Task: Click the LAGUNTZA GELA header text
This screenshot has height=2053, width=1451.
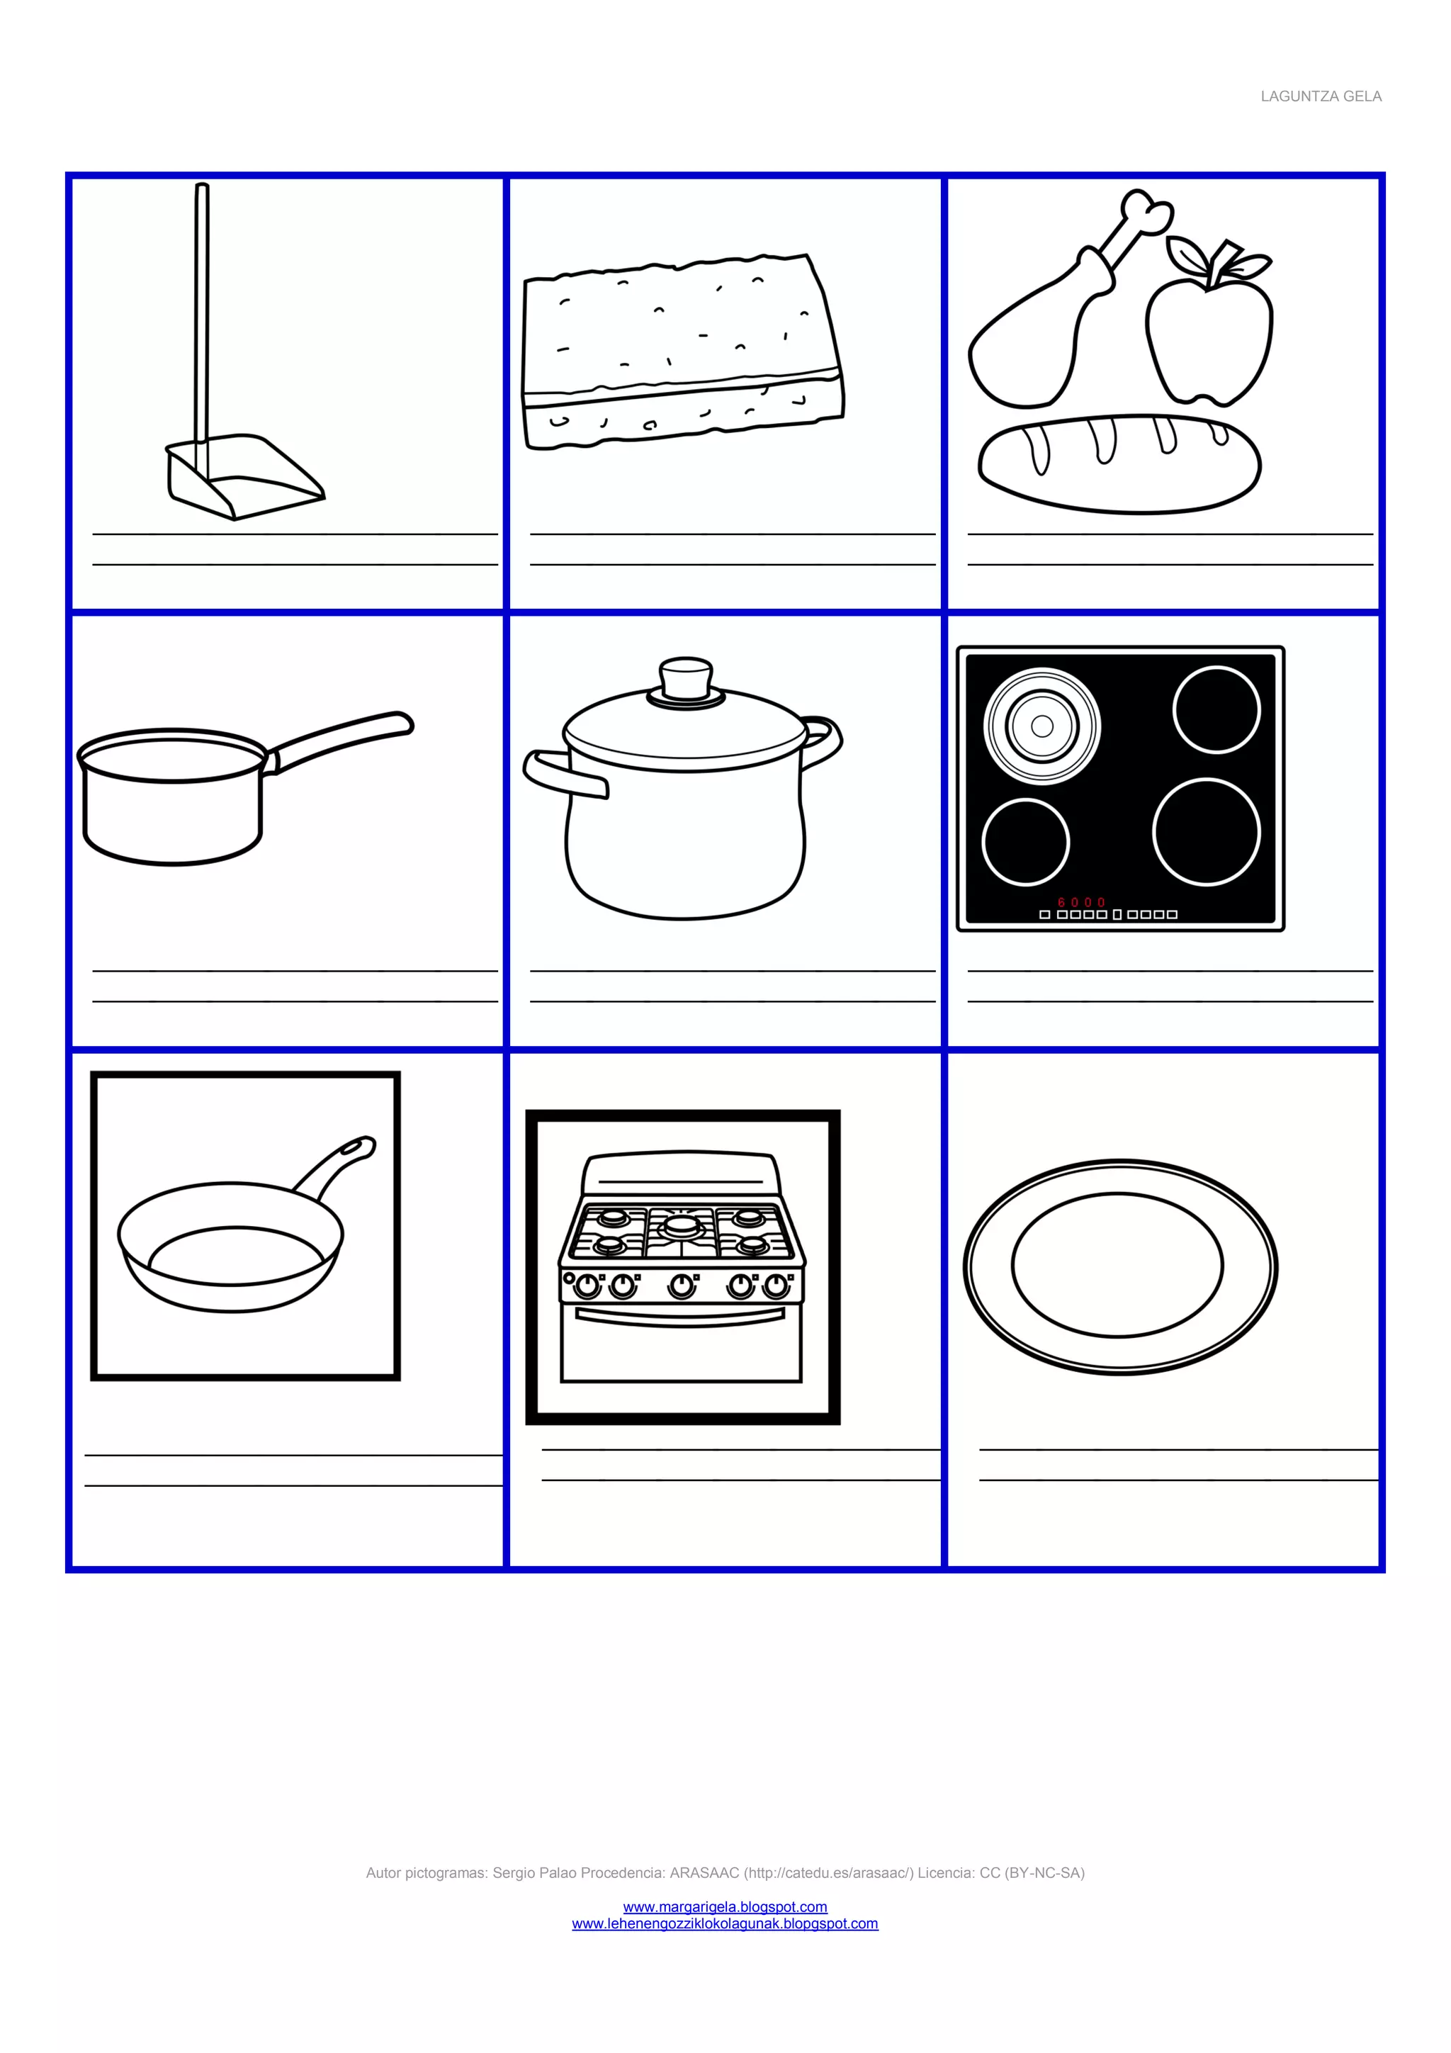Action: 1321,96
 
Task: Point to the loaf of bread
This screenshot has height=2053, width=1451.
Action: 1119,463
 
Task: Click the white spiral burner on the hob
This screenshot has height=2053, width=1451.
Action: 1041,726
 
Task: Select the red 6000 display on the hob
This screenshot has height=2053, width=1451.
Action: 1082,902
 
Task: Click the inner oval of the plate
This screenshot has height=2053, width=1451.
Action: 1117,1264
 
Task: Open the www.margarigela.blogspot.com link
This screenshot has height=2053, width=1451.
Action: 725,1907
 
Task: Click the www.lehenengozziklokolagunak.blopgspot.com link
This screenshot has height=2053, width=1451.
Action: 725,1924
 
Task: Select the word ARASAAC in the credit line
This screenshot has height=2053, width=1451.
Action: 704,1873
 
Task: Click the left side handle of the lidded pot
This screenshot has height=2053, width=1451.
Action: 563,773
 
